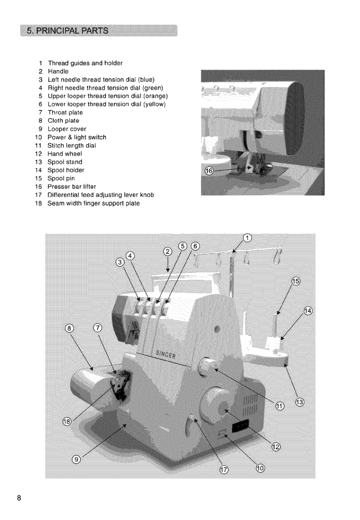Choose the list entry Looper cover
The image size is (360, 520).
click(x=67, y=129)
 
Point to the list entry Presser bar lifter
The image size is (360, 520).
click(x=72, y=187)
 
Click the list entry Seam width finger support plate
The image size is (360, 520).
click(x=94, y=203)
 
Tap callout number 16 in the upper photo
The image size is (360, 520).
click(x=210, y=171)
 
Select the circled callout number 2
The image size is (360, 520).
click(x=168, y=252)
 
